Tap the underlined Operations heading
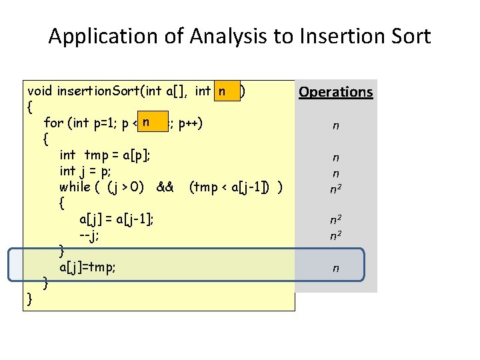[335, 92]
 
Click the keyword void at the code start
[41, 91]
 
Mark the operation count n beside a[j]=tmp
[335, 269]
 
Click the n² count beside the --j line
[335, 235]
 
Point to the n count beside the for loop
[335, 125]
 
